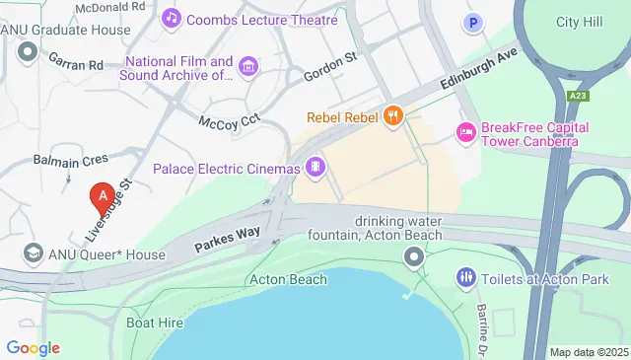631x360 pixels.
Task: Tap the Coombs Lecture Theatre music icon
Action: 172,18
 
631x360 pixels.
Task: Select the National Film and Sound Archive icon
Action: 248,67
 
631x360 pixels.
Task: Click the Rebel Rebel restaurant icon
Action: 393,115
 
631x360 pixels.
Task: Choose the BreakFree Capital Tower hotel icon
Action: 464,131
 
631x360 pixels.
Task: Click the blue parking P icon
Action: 474,22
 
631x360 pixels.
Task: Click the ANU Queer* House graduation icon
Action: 33,254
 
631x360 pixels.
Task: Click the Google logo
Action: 34,347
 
